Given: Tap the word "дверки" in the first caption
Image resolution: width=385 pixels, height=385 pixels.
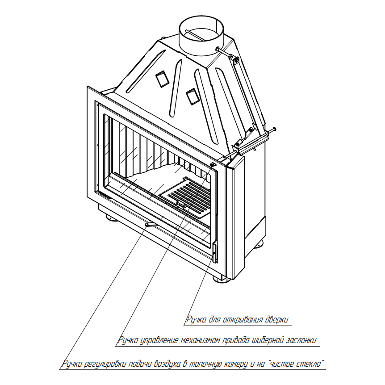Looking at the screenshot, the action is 277,320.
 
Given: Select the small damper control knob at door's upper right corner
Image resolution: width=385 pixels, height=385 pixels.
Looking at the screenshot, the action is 213,164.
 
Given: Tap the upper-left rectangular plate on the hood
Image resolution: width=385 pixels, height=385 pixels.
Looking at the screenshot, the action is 162,79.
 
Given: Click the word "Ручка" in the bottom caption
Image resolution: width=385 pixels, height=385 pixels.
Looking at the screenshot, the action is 72,364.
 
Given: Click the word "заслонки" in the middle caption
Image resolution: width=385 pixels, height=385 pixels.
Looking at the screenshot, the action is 301,340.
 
